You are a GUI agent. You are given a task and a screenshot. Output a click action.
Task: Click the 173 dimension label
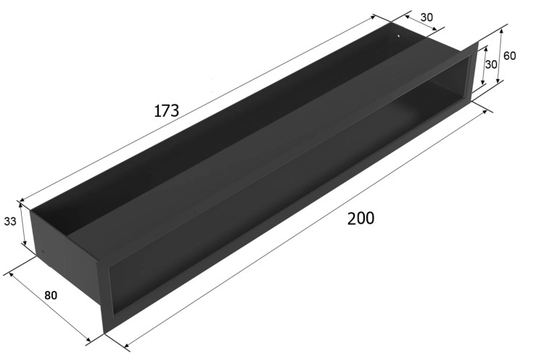(167, 111)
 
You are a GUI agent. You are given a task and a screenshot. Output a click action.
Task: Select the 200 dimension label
(360, 218)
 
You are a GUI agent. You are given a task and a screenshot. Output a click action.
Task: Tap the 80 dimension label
(51, 295)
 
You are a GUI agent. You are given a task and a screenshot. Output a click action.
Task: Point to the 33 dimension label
(10, 221)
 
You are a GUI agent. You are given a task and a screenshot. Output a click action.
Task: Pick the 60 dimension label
(509, 56)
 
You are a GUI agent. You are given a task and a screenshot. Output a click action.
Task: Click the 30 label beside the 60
(491, 64)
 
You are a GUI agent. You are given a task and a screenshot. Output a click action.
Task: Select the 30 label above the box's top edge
(426, 17)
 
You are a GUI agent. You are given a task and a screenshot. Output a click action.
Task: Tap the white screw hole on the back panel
(399, 35)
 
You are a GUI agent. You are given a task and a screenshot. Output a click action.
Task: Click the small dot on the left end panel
(43, 252)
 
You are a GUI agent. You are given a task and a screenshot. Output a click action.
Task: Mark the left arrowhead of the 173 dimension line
(22, 200)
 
